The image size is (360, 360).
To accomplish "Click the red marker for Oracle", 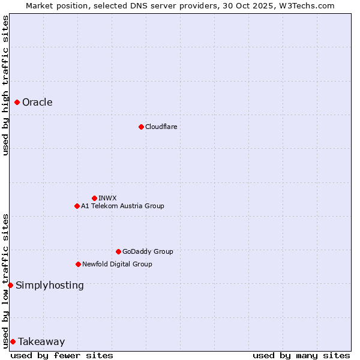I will click(x=17, y=103).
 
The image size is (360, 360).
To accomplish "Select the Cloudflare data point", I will click(x=141, y=127).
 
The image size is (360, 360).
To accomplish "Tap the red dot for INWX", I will click(x=94, y=198).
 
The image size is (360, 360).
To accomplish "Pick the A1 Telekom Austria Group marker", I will click(x=77, y=206).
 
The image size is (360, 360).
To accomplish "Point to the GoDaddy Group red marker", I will click(x=118, y=251).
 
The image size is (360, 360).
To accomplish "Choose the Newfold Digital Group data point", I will click(x=78, y=264).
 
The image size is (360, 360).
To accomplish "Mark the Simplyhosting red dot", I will click(x=11, y=285).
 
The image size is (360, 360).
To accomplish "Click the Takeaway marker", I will click(x=13, y=341).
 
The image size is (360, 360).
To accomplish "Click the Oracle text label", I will click(x=37, y=103).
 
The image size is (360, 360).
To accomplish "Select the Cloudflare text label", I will click(x=161, y=127).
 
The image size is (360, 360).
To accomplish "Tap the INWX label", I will click(x=107, y=198).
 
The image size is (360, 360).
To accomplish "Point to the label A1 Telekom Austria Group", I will click(x=122, y=206).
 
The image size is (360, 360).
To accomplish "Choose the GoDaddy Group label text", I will click(x=148, y=251).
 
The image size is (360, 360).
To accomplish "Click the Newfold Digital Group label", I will click(x=117, y=264).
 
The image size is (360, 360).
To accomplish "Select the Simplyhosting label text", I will click(x=50, y=285).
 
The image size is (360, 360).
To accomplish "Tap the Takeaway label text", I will click(x=41, y=341).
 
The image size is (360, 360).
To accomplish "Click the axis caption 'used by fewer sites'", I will click(x=62, y=355).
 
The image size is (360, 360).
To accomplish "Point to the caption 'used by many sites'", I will click(x=301, y=355).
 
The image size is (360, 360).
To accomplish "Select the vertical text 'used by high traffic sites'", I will click(x=5, y=85).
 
